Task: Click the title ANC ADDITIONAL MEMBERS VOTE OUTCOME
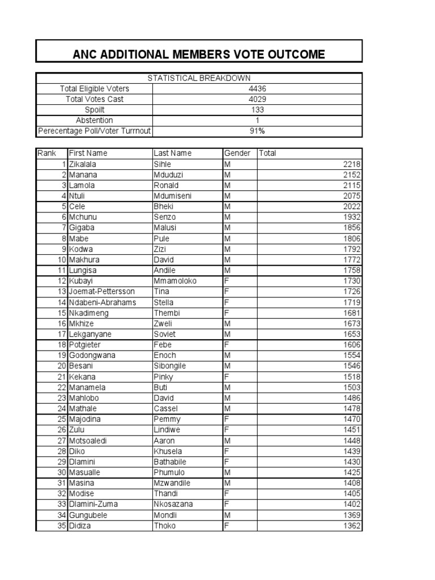199,54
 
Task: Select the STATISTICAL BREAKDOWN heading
199,78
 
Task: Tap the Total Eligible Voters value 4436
257,89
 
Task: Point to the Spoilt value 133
257,110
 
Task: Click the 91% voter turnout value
257,131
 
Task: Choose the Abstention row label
95,121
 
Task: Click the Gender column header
237,153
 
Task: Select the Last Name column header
173,153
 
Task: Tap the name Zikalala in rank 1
84,164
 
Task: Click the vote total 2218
352,164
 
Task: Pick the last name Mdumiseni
173,196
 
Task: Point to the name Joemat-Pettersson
102,292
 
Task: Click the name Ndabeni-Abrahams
103,302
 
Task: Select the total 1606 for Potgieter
352,345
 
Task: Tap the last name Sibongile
170,366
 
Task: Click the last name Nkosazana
173,504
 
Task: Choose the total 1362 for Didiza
352,526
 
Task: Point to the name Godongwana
92,356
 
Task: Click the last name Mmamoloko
175,281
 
